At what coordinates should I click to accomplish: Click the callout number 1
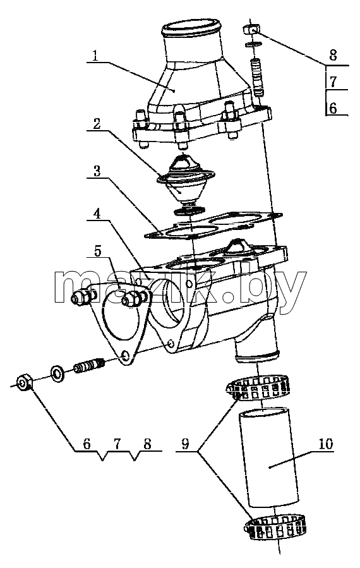click(x=95, y=56)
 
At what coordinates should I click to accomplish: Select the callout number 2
click(x=97, y=124)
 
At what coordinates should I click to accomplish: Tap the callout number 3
click(x=97, y=171)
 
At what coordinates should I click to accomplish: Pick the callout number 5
click(x=98, y=251)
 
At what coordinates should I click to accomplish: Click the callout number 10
click(x=326, y=444)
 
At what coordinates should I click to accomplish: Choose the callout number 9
click(x=185, y=444)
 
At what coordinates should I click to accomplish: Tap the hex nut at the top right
click(x=250, y=28)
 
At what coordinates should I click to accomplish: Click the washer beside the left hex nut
click(x=57, y=373)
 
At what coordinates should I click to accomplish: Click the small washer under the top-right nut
click(x=253, y=45)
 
